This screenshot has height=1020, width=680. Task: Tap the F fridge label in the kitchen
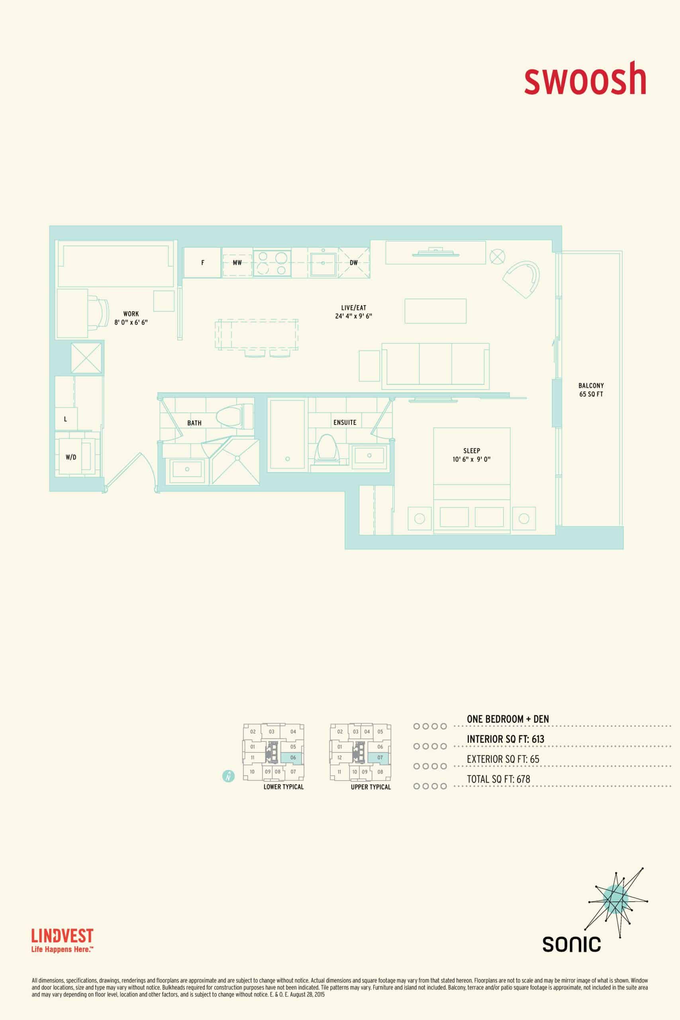click(202, 263)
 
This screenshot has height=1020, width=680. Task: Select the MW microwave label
click(237, 263)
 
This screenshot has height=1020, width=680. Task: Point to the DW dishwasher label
click(353, 263)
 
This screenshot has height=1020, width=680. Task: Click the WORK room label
click(131, 314)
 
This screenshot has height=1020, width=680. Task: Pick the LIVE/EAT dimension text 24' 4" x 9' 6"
click(353, 316)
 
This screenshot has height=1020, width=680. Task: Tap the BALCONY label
click(591, 386)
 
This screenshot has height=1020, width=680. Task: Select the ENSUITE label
click(345, 422)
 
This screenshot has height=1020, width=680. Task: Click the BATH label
click(194, 423)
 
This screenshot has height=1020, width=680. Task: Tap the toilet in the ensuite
click(328, 448)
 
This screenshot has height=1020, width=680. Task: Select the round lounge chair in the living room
click(522, 280)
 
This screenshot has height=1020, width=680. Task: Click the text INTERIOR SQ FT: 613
click(505, 739)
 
